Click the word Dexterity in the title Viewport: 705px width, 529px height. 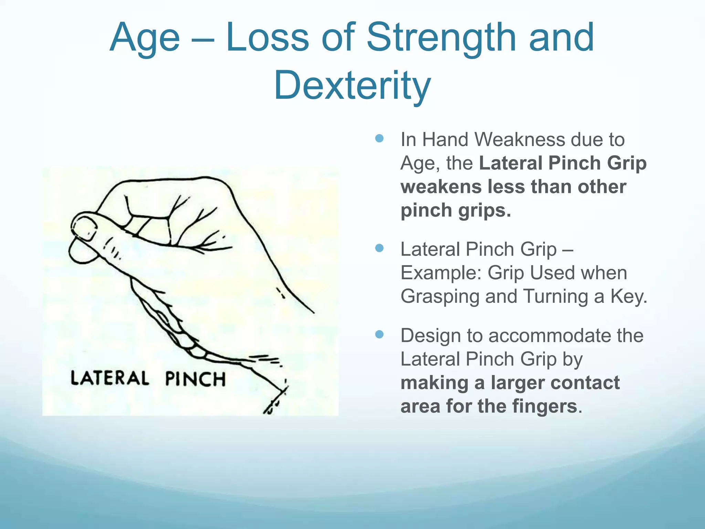[352, 85]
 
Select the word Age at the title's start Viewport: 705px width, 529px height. [145, 38]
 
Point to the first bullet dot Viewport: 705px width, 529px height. [379, 138]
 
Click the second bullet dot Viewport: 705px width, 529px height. [379, 248]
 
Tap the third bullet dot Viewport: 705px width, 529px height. [379, 334]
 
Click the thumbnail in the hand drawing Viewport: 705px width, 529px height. [84, 228]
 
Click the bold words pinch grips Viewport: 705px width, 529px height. [455, 210]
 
